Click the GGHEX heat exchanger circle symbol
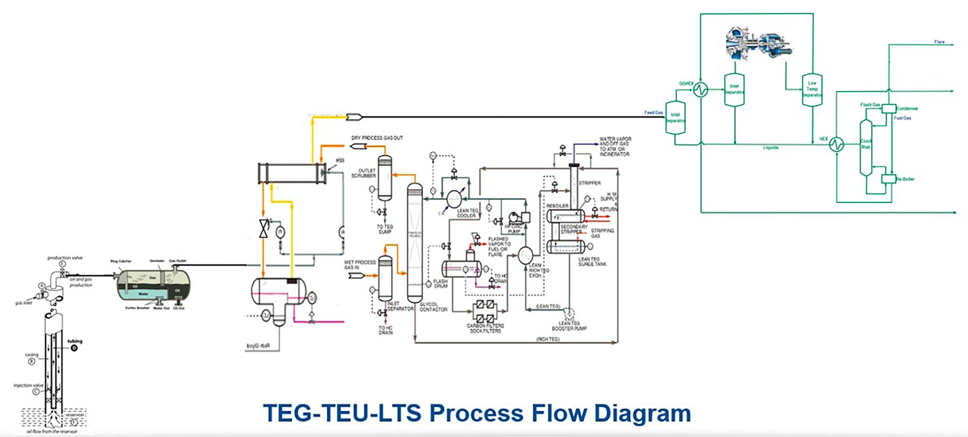tap(700, 90)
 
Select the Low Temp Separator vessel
tap(812, 90)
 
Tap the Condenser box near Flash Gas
tap(889, 109)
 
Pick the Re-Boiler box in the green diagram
tap(888, 179)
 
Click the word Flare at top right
tap(939, 42)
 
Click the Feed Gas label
tap(653, 113)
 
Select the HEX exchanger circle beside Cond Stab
tap(836, 144)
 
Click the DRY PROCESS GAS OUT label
tap(377, 138)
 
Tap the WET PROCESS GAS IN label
tap(360, 265)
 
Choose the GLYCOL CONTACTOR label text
tap(433, 307)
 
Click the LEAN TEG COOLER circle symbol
tap(454, 198)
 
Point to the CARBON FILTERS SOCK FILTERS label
tap(485, 328)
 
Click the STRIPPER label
tap(589, 183)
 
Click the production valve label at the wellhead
tap(65, 258)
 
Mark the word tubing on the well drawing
tap(74, 341)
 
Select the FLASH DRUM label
tap(440, 284)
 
